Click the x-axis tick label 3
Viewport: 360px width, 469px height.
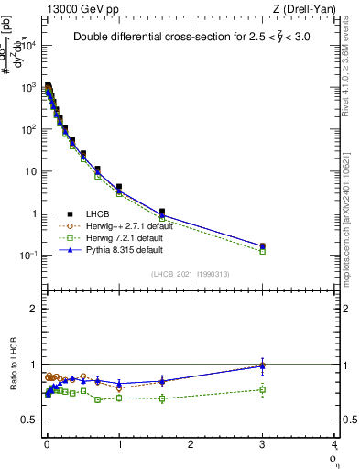tap(263, 445)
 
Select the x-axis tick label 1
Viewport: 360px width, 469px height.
tap(119, 445)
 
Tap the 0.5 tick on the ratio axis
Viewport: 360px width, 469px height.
tap(29, 420)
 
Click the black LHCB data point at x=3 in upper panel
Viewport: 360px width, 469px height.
tap(263, 246)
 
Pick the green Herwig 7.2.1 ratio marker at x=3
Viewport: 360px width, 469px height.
tap(263, 390)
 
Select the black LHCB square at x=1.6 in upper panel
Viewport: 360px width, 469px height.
tap(162, 212)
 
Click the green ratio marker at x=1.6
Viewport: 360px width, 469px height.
tap(162, 398)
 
